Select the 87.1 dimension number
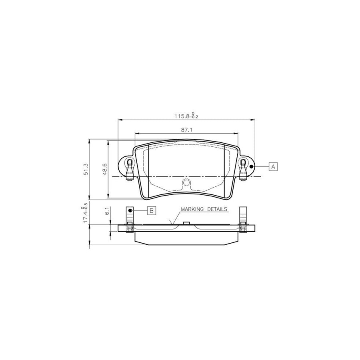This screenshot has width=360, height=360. (187, 130)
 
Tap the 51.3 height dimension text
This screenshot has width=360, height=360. (86, 169)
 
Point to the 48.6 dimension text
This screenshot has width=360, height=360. (104, 169)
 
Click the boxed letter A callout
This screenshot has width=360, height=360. (273, 166)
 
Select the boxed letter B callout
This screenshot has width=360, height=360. (152, 210)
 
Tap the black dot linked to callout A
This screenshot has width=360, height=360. (251, 166)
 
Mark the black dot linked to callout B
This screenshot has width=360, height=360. (130, 210)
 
